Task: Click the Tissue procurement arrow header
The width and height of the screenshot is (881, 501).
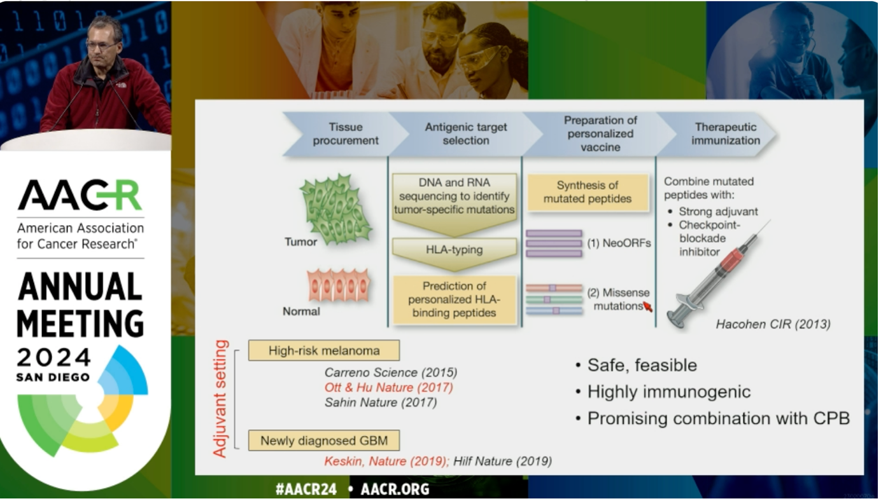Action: point(344,134)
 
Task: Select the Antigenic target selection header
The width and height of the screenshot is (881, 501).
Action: point(466,134)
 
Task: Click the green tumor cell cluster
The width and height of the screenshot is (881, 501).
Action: point(336,209)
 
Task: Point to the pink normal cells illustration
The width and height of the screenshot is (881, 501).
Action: point(339,285)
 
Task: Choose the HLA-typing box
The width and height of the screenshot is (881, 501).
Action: point(455,254)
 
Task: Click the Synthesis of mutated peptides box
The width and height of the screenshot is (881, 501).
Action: point(587,192)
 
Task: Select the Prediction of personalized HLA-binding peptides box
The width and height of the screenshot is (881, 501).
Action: point(455,299)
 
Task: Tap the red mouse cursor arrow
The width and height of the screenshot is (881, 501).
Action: point(647,306)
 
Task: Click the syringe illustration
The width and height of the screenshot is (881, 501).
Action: point(715,275)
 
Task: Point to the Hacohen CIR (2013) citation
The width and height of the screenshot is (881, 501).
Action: point(773,324)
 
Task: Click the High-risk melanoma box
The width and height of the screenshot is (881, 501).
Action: point(323,350)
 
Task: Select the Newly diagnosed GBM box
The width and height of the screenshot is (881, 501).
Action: point(323,441)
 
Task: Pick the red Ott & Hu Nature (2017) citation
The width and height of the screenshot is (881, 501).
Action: point(388,387)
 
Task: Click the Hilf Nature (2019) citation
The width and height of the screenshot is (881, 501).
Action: point(502,461)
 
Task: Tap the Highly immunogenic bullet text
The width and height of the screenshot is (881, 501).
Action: point(668,392)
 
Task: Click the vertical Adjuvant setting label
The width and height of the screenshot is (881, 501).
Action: point(220,399)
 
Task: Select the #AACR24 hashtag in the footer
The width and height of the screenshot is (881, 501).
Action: point(306,489)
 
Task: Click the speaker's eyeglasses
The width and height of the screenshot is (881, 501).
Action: point(101,45)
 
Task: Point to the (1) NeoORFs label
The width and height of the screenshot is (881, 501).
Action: point(619,244)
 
